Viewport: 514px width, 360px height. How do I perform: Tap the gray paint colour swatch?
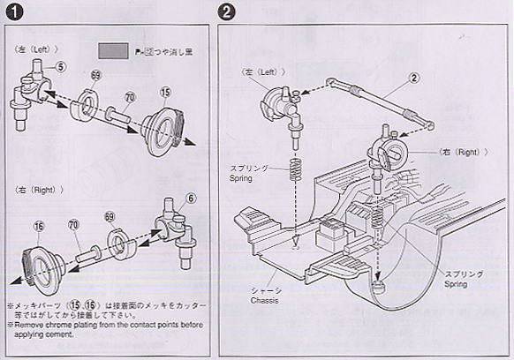(x=113, y=52)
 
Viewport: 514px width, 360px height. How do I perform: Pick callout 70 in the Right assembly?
(x=73, y=226)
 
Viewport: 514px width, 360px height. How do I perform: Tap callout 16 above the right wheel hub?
(x=38, y=227)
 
